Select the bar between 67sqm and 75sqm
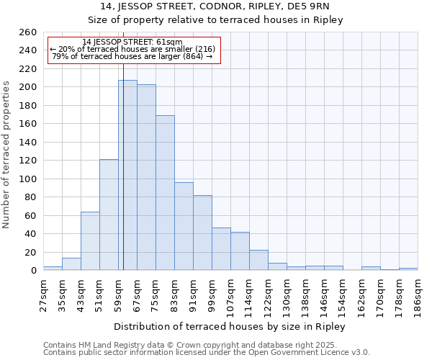(146, 177)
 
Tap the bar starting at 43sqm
(90, 240)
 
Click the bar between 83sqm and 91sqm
(184, 226)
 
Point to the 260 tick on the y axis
(28, 32)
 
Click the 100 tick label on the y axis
(28, 179)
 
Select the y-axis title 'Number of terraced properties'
(7, 154)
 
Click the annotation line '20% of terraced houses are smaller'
(132, 49)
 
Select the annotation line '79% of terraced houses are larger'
(132, 56)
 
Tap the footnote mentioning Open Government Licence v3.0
(207, 352)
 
